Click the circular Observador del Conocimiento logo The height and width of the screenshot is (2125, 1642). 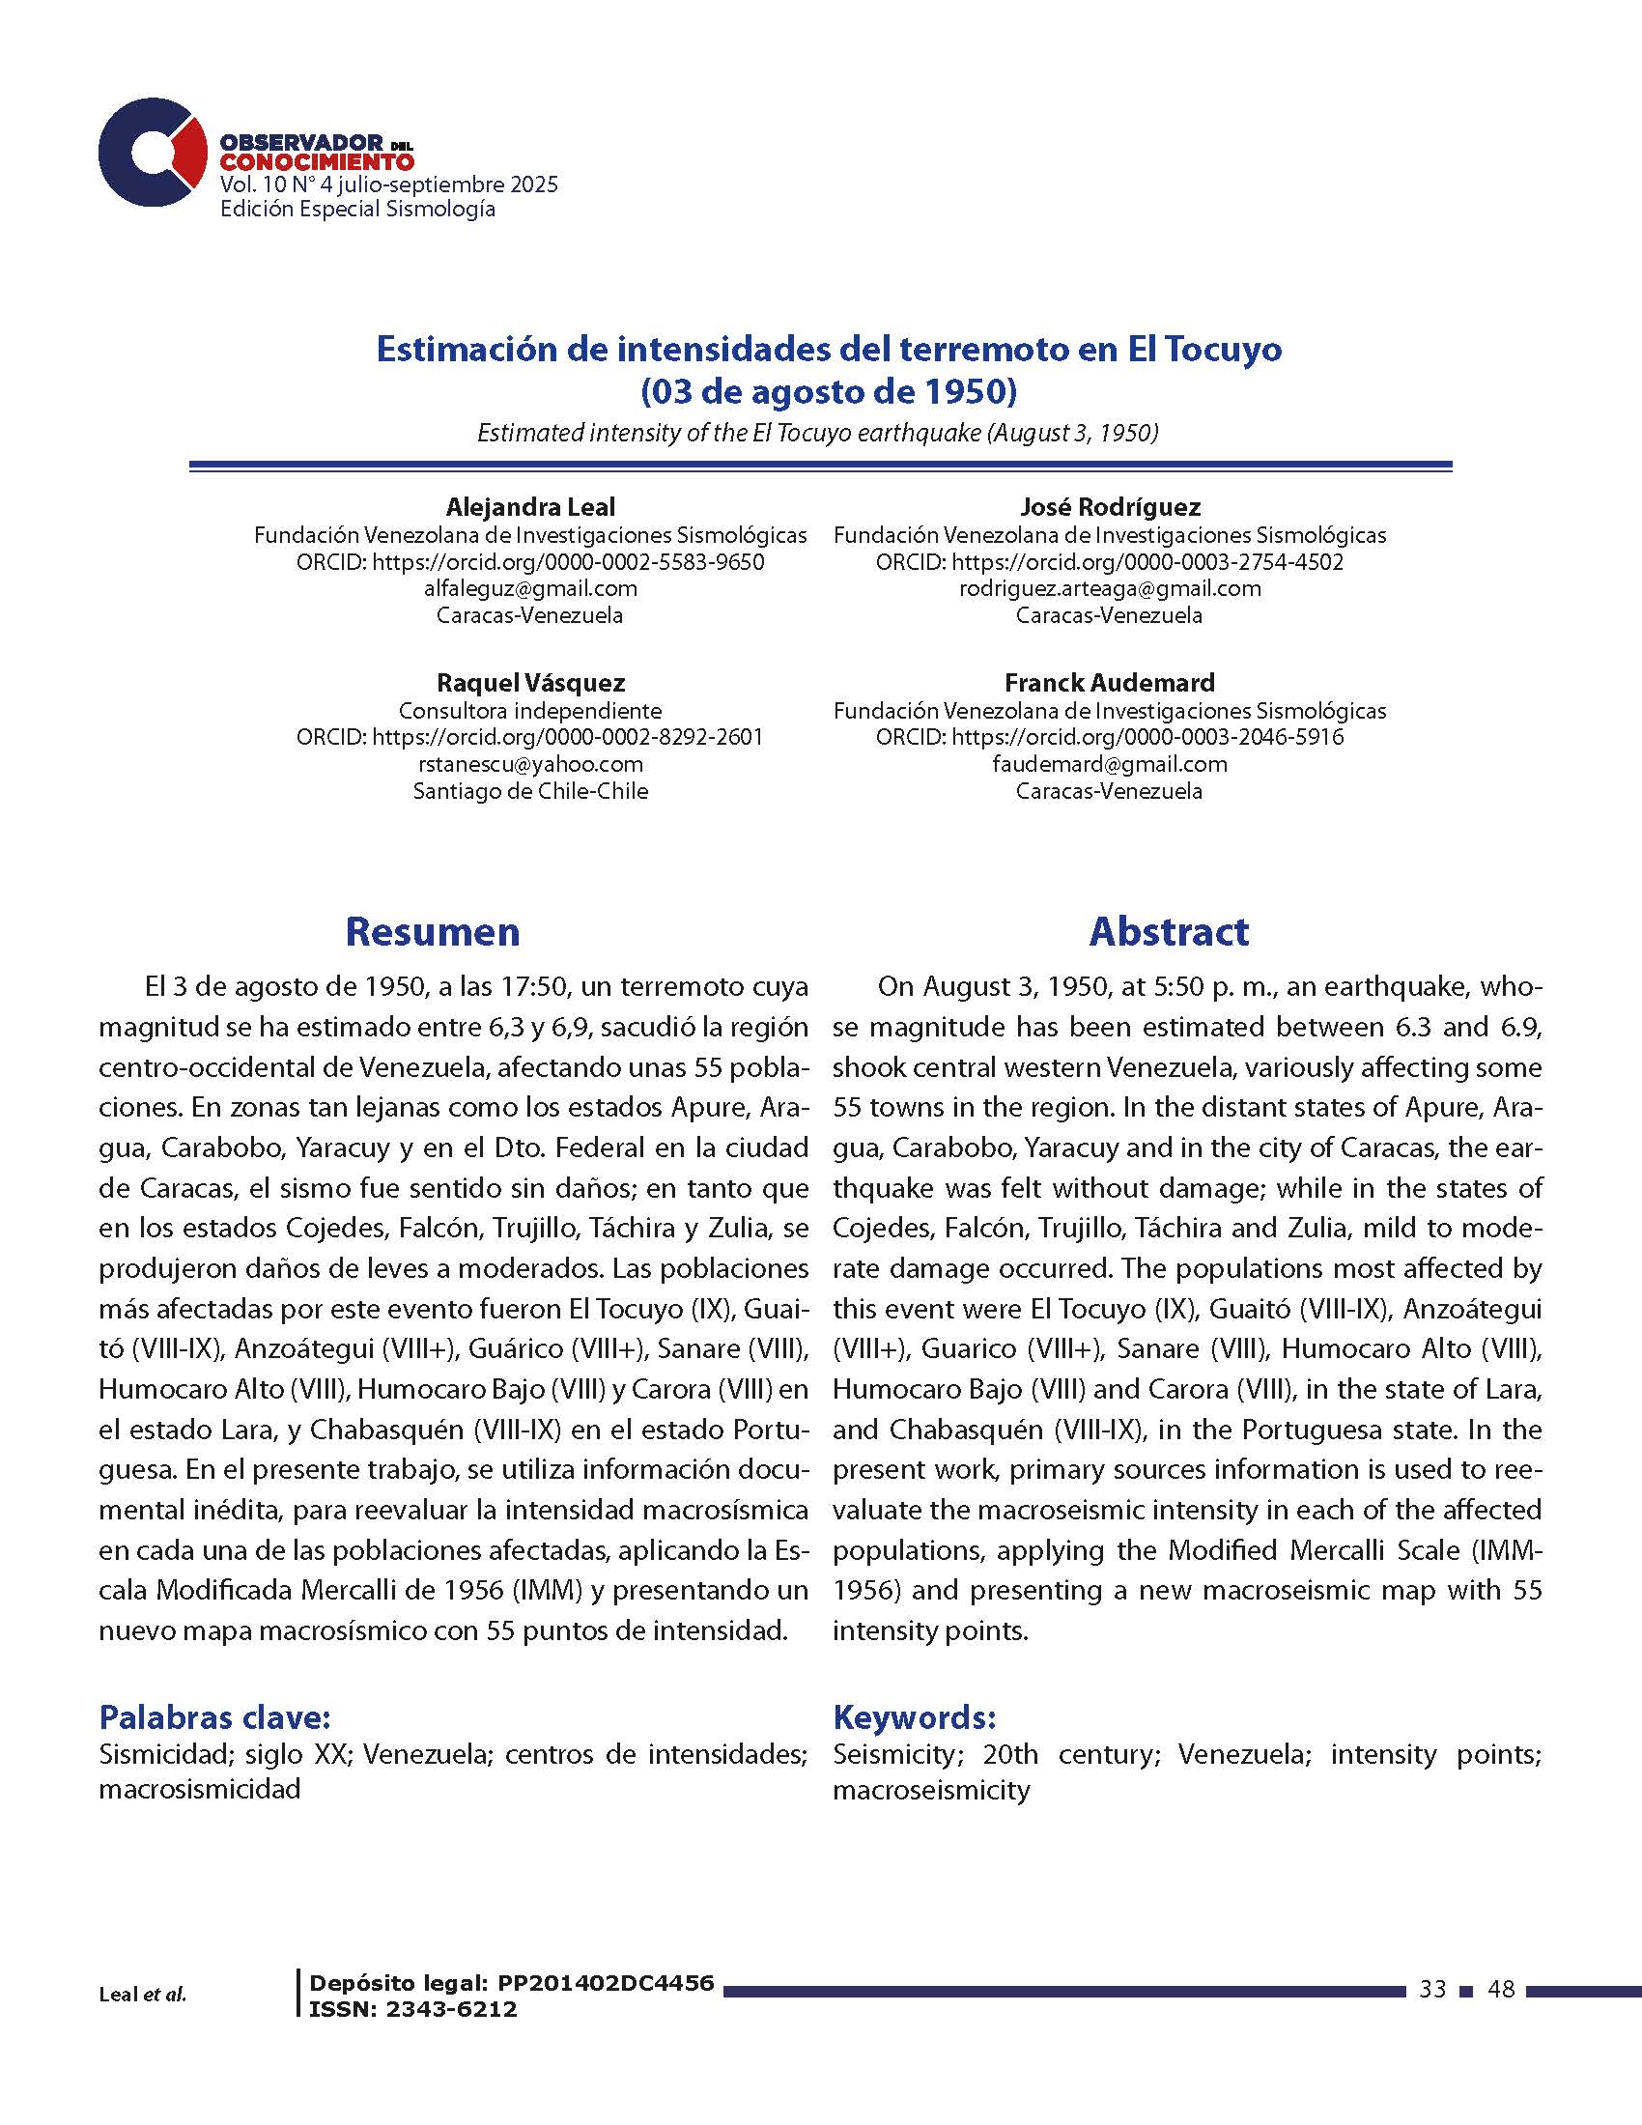tap(152, 152)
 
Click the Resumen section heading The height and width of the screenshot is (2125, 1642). tap(432, 931)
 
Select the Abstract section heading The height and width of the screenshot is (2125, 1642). tap(1169, 931)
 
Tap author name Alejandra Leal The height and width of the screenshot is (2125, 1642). tap(530, 507)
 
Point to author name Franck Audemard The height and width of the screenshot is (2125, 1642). tap(1109, 682)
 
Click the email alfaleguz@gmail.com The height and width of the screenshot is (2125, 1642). tap(530, 588)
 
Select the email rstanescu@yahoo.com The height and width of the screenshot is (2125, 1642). tap(530, 764)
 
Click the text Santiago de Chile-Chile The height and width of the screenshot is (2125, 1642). tap(530, 791)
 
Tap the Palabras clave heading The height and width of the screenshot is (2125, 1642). tap(215, 1717)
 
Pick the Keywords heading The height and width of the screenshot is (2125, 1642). tap(915, 1717)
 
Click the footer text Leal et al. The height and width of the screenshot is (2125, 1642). tap(142, 1995)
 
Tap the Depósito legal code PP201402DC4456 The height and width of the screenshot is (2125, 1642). tap(605, 1983)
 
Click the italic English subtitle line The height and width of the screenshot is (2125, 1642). tap(817, 433)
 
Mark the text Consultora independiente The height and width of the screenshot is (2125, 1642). tap(530, 710)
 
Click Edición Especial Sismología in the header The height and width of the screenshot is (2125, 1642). tap(358, 210)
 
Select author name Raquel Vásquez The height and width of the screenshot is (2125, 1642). tap(530, 682)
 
